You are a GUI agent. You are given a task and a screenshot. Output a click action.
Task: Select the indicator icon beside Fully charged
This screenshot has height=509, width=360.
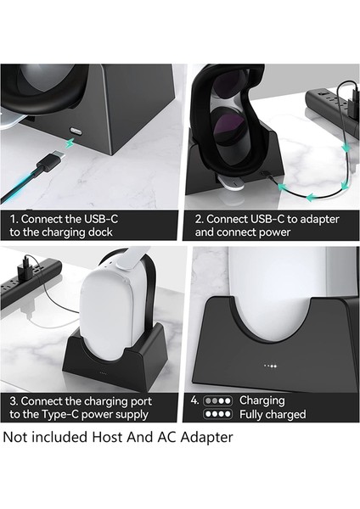pos(218,415)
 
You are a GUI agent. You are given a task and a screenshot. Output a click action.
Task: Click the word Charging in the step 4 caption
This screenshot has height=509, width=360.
pos(263,400)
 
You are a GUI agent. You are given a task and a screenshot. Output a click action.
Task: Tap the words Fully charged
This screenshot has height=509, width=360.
pos(273,415)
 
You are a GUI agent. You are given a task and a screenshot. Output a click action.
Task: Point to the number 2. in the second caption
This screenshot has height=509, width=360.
pos(200,217)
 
